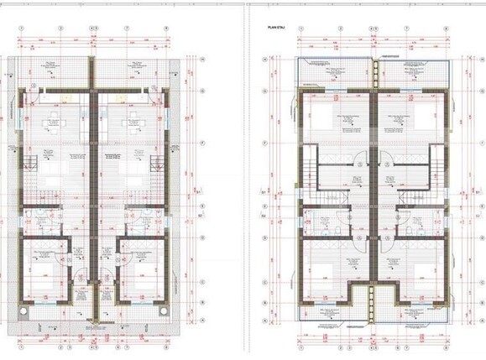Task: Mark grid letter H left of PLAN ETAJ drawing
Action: tap(264, 60)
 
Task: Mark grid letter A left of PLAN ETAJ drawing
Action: tap(264, 324)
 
